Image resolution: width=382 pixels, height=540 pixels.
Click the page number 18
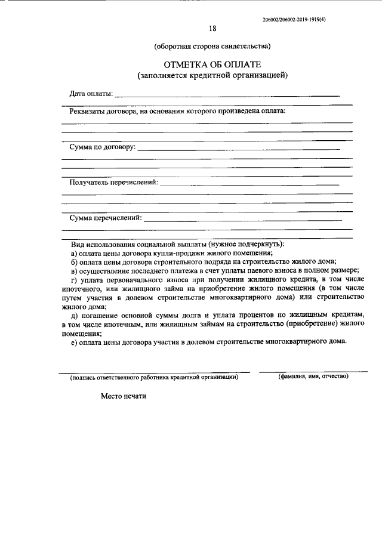coord(212,28)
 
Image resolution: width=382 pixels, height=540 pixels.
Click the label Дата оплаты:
coord(90,94)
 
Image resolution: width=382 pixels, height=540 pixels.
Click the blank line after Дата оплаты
coord(227,95)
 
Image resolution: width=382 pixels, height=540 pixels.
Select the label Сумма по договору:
coord(102,146)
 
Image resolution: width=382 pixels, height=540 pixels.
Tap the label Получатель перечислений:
coord(113,181)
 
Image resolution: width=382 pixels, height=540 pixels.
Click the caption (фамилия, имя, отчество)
coord(313,377)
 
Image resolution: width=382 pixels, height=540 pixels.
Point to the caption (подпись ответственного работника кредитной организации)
coord(154,377)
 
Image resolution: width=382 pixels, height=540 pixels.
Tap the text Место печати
coord(123,396)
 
